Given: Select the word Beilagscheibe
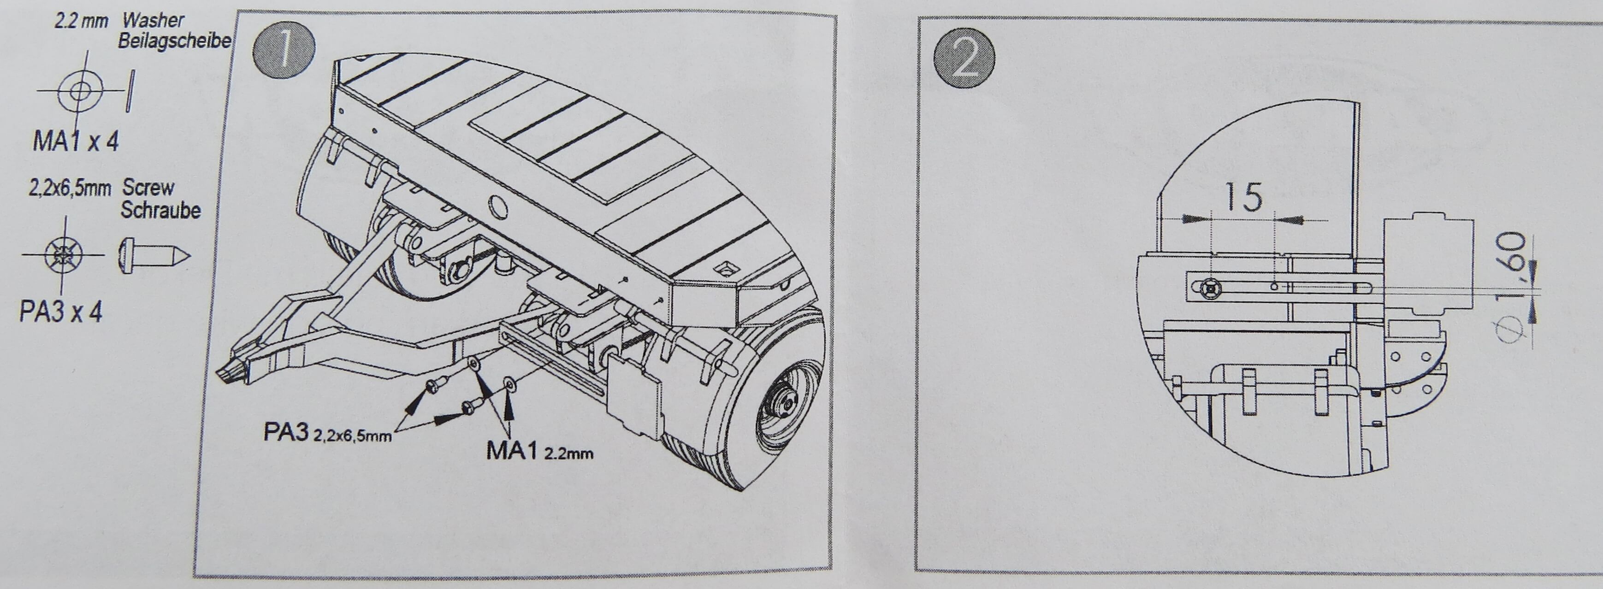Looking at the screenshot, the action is point(175,41).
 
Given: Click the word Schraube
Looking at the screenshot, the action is point(160,210).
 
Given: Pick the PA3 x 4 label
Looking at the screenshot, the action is point(61,312).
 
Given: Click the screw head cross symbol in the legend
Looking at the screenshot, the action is point(64,255).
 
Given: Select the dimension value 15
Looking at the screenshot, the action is point(1243,197).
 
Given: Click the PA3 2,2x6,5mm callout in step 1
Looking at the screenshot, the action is point(327,433).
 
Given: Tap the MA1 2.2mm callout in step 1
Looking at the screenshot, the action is point(539,450).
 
